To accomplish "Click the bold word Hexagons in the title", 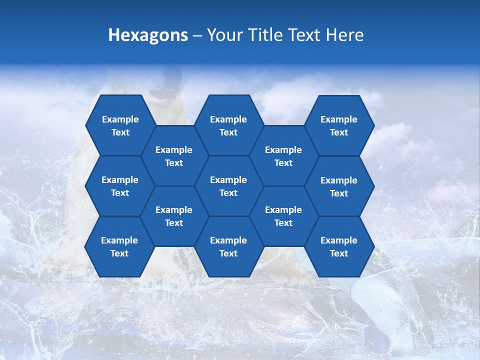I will [148, 35].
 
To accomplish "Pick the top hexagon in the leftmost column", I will [120, 125].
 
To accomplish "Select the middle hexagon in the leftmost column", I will [120, 186].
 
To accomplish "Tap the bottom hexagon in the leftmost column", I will [119, 246].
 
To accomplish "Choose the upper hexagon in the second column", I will [174, 156].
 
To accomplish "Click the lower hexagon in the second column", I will [174, 216].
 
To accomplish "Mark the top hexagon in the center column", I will [228, 125].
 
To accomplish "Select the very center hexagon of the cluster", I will [228, 186].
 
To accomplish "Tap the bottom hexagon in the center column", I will [228, 246].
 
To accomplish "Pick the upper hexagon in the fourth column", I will [283, 156].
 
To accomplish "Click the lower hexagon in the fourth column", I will [283, 216].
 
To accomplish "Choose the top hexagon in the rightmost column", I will [339, 125].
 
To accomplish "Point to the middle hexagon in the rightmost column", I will [339, 186].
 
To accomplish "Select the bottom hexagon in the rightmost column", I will [339, 246].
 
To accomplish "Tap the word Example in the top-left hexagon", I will [120, 119].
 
